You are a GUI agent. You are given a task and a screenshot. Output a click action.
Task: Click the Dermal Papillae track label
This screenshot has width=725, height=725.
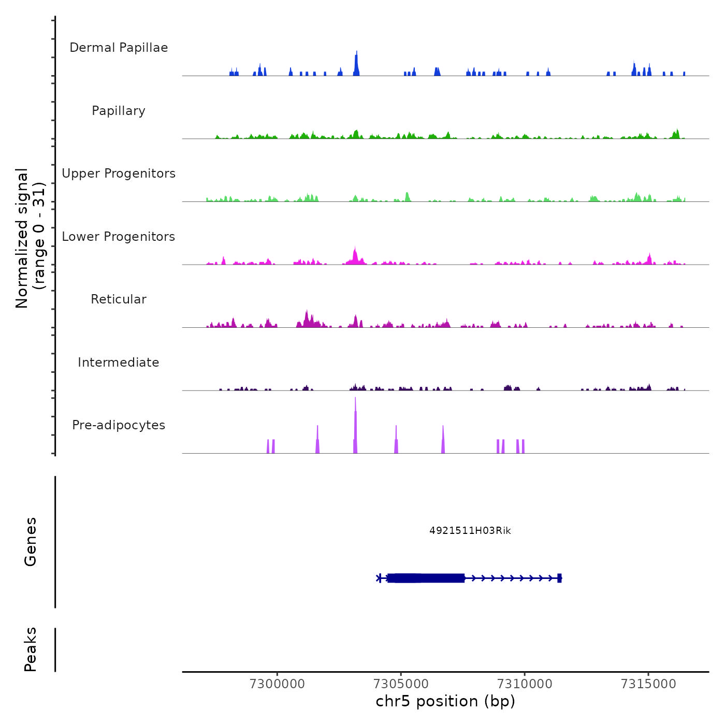coord(119,48)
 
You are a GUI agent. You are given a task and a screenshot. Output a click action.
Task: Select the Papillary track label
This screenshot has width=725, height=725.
coord(119,111)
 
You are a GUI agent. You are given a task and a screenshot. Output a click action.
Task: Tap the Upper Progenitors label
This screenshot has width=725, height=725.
coord(119,173)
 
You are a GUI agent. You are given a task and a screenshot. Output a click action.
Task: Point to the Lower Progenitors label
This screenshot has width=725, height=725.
coord(119,237)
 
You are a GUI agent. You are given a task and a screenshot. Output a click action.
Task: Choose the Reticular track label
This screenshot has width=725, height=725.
coord(119,299)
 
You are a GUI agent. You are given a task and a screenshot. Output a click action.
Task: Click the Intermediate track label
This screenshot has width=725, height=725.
coord(119,363)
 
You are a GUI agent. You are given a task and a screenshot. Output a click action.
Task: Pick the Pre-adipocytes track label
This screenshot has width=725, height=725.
coord(119,425)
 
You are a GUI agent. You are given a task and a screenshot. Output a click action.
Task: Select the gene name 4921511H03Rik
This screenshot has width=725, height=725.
coord(470,530)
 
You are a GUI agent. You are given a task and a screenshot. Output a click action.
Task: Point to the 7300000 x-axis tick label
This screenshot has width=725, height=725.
coord(277,684)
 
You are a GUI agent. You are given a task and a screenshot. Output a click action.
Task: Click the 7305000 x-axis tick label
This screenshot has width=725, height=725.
coord(401,684)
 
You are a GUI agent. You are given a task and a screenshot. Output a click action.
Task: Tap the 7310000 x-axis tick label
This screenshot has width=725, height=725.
coord(525,684)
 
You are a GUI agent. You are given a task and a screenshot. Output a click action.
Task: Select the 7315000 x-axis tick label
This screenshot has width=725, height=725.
coord(648,684)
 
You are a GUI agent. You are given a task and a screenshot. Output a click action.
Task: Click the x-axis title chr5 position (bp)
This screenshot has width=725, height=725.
coord(445,701)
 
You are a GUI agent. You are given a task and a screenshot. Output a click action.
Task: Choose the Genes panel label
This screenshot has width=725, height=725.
coord(31,542)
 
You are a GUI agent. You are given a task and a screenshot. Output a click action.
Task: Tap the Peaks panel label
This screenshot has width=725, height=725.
coord(31,649)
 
